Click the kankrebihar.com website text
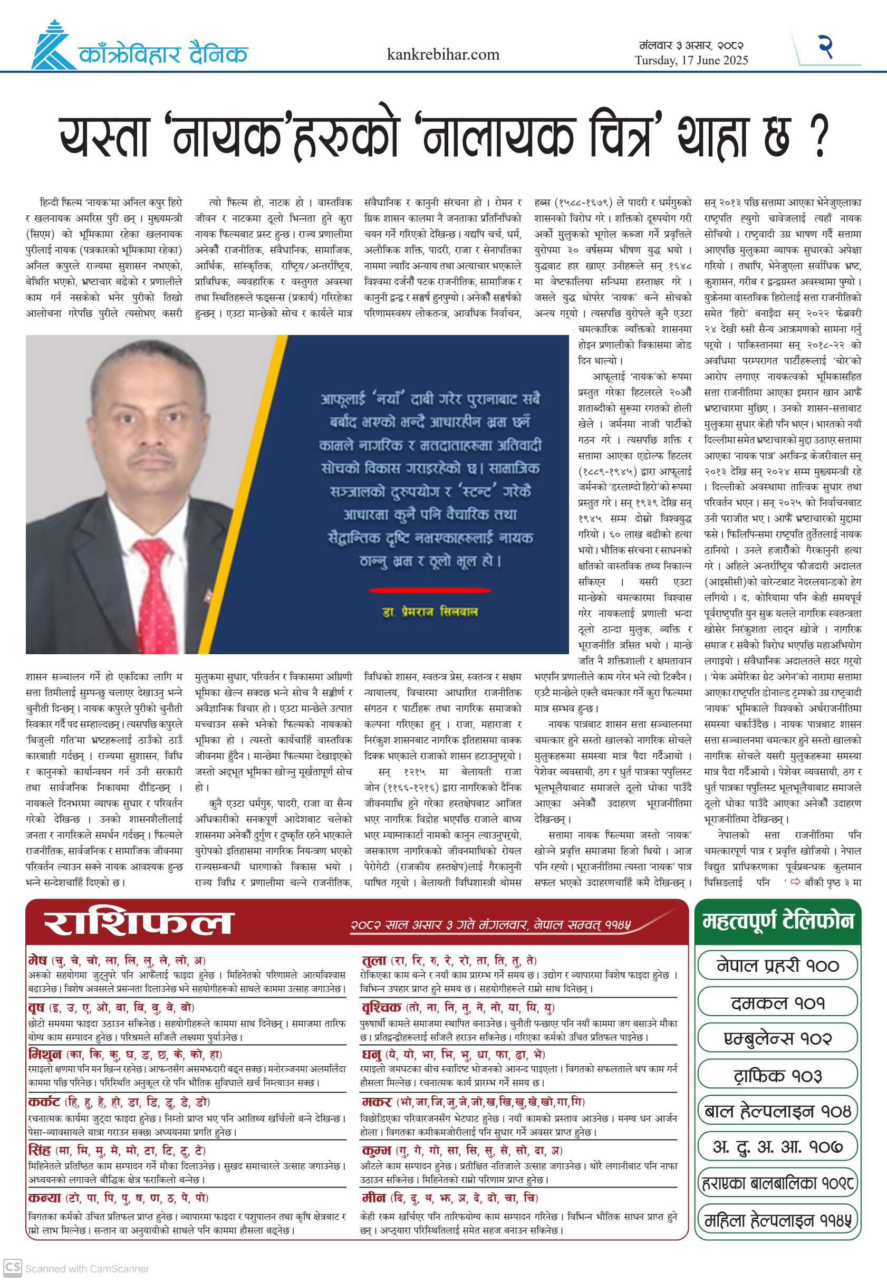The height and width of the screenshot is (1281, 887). pos(443,54)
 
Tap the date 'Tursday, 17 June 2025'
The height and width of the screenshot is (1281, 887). pos(691,60)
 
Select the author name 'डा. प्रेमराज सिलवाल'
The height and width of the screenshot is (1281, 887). pos(430,611)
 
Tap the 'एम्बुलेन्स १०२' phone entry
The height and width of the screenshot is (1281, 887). pos(777,1039)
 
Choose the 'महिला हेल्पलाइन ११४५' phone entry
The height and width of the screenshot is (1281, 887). pos(777,1221)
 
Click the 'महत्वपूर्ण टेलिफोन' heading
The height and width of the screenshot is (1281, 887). pos(777,921)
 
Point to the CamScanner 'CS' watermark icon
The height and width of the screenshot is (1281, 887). pos(12,1267)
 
